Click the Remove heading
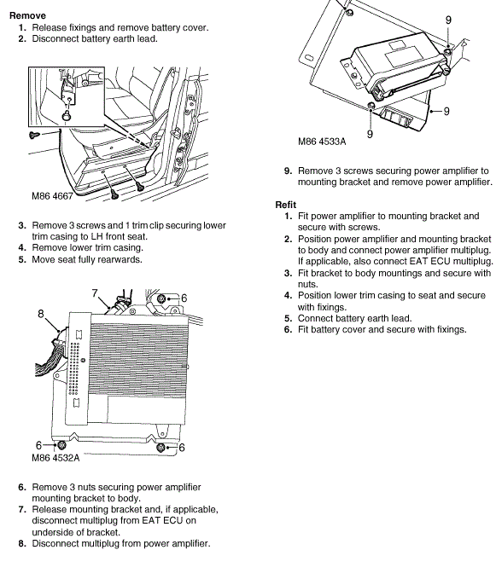pyautogui.click(x=27, y=15)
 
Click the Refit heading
pyautogui.click(x=286, y=205)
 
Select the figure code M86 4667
pyautogui.click(x=52, y=196)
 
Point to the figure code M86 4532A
pyautogui.click(x=55, y=458)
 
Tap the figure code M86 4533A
pyautogui.click(x=322, y=142)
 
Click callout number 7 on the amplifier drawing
pyautogui.click(x=95, y=293)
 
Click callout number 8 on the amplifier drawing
pyautogui.click(x=41, y=314)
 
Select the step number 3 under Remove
pyautogui.click(x=22, y=225)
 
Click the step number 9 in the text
pyautogui.click(x=289, y=171)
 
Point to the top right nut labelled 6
pyautogui.click(x=161, y=298)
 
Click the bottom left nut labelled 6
pyautogui.click(x=61, y=444)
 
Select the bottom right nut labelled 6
pyautogui.click(x=160, y=448)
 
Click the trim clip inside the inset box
pyautogui.click(x=67, y=116)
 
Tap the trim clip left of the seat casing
pyautogui.click(x=34, y=135)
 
